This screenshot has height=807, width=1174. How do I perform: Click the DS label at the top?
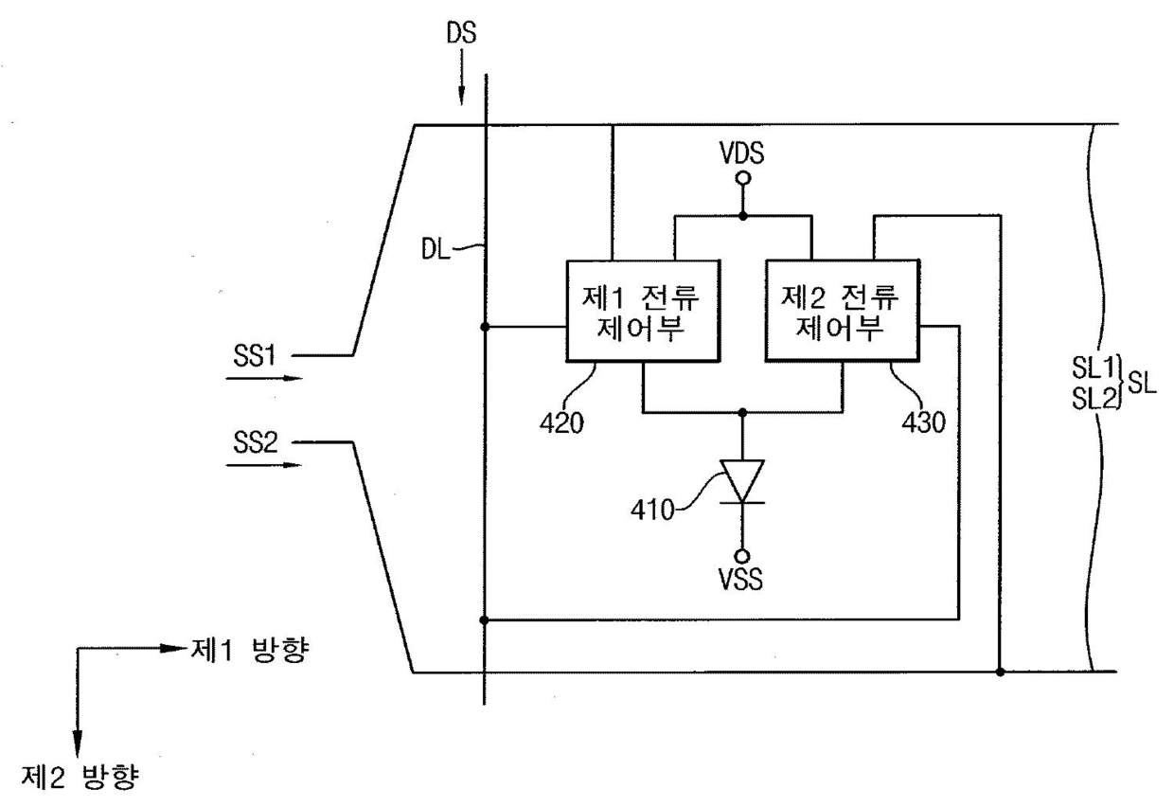pyautogui.click(x=461, y=32)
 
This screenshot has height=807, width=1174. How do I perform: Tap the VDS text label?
pyautogui.click(x=741, y=153)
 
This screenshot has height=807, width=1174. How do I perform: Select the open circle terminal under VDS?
pyautogui.click(x=742, y=179)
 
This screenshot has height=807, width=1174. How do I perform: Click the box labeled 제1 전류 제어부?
pyautogui.click(x=643, y=311)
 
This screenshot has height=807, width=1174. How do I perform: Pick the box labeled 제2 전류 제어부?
pyautogui.click(x=843, y=311)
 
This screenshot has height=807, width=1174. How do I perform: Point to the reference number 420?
pyautogui.click(x=561, y=422)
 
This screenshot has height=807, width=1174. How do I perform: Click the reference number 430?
pyautogui.click(x=923, y=422)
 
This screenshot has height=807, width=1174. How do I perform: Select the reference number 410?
pyautogui.click(x=652, y=510)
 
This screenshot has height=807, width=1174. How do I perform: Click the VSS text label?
pyautogui.click(x=741, y=580)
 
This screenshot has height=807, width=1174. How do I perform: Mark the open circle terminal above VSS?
pyautogui.click(x=741, y=556)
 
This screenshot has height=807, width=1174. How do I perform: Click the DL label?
pyautogui.click(x=436, y=249)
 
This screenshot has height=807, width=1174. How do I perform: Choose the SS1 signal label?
pyautogui.click(x=254, y=356)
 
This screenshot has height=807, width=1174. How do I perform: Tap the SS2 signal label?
pyautogui.click(x=256, y=443)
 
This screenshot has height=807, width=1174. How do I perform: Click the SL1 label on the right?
pyautogui.click(x=1093, y=368)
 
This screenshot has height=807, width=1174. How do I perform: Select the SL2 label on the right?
pyautogui.click(x=1094, y=399)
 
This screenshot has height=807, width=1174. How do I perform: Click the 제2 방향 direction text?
pyautogui.click(x=80, y=778)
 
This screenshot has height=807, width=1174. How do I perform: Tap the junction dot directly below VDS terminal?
pyautogui.click(x=742, y=216)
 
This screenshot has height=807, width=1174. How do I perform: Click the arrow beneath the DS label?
pyautogui.click(x=462, y=77)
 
